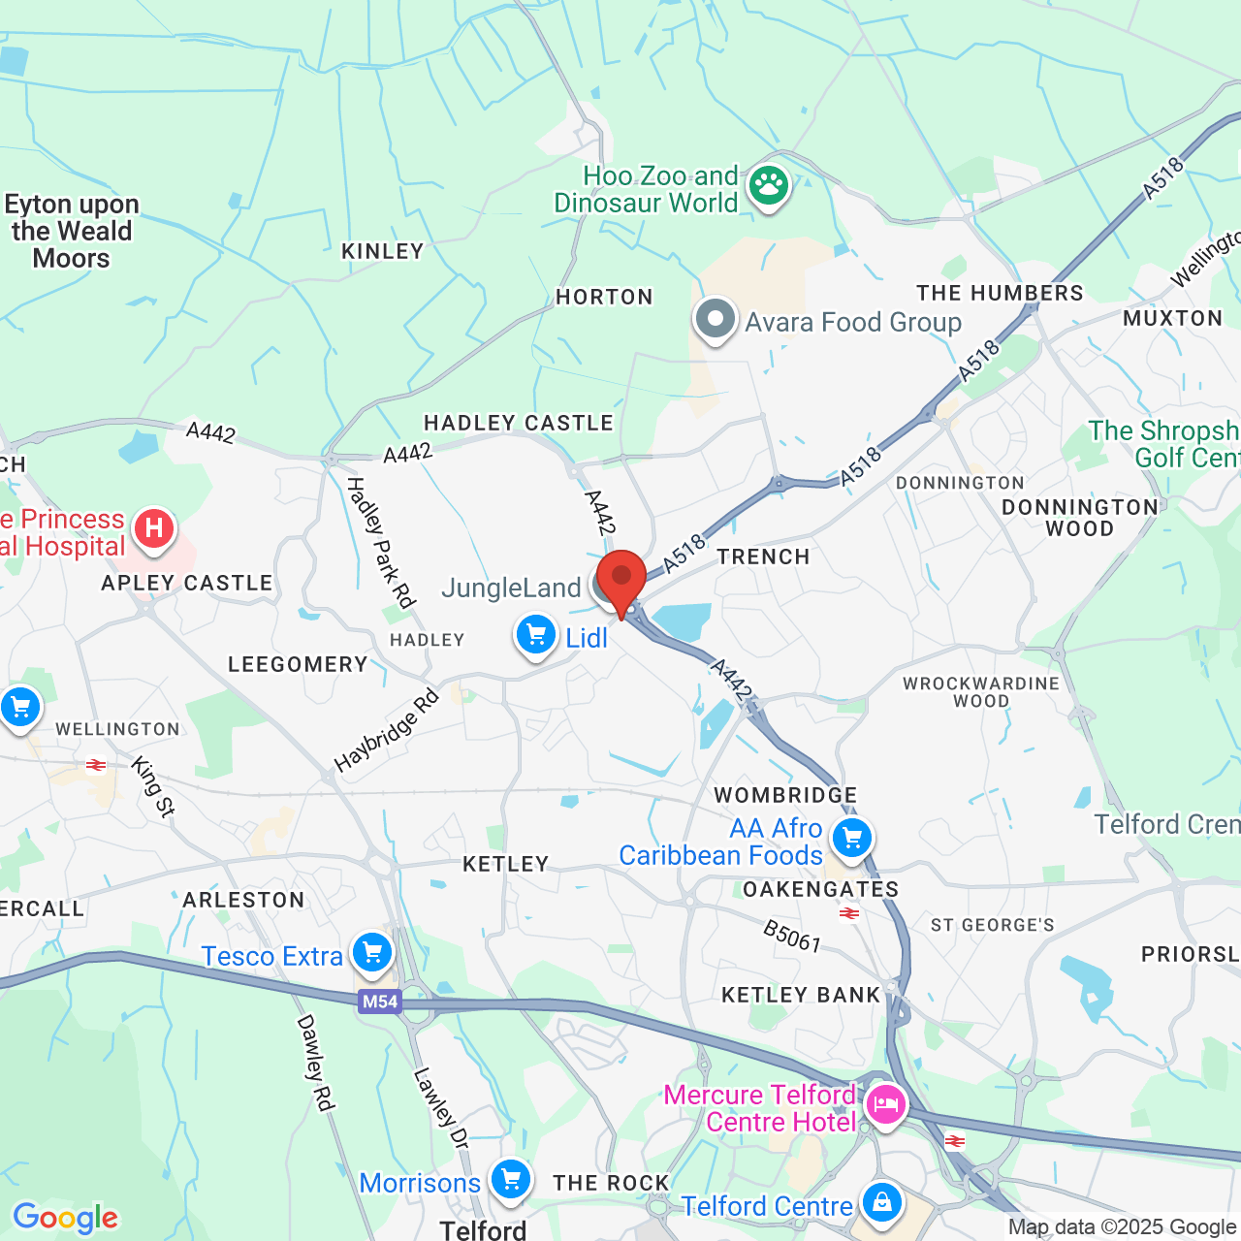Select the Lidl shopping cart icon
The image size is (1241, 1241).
pyautogui.click(x=535, y=635)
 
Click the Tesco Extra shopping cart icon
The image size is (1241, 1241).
pyautogui.click(x=372, y=953)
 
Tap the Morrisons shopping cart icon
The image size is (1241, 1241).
pyautogui.click(x=510, y=1180)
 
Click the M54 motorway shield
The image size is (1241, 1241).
pyautogui.click(x=379, y=1002)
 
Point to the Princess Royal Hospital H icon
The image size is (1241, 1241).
pyautogui.click(x=153, y=528)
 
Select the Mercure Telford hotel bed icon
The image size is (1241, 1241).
pyautogui.click(x=885, y=1104)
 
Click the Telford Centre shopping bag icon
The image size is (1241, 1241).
pyautogui.click(x=881, y=1202)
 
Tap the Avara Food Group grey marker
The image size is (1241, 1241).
pyautogui.click(x=716, y=318)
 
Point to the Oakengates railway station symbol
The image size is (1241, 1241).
pyautogui.click(x=849, y=913)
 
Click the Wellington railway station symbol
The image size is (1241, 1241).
pyautogui.click(x=96, y=766)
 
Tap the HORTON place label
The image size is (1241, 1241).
pyautogui.click(x=604, y=297)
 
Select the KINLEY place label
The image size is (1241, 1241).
pyautogui.click(x=383, y=251)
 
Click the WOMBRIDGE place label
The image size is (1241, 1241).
pyautogui.click(x=785, y=796)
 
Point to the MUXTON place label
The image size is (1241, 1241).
pyautogui.click(x=1172, y=318)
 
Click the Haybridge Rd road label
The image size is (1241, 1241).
pyautogui.click(x=386, y=730)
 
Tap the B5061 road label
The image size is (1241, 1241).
pyautogui.click(x=791, y=937)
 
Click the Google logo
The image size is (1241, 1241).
pyautogui.click(x=66, y=1218)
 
